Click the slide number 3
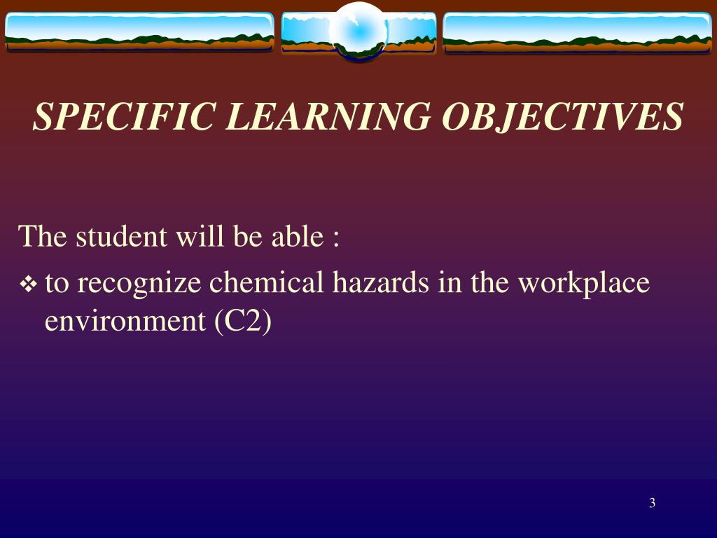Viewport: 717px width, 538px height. (x=652, y=502)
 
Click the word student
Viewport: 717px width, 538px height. (x=121, y=237)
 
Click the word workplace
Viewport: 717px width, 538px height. (x=584, y=284)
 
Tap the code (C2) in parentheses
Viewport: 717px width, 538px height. (x=242, y=322)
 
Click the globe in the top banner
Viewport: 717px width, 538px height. (x=358, y=31)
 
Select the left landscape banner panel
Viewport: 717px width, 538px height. (x=139, y=32)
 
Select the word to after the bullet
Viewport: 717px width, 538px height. (x=57, y=284)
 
